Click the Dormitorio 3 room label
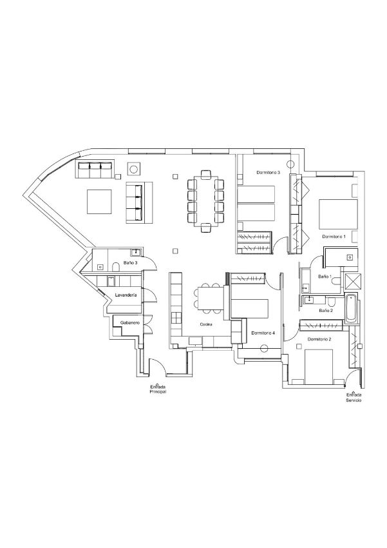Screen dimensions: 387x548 [x=269, y=172]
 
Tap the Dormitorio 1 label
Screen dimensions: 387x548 [x=334, y=237]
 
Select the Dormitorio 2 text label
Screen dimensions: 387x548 [x=319, y=339]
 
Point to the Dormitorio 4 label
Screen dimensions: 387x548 [x=263, y=333]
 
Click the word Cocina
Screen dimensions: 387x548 [x=206, y=324]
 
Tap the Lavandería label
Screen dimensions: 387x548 [x=126, y=295]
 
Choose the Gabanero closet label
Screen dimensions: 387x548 [x=130, y=322]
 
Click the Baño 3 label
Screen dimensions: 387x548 [x=130, y=262]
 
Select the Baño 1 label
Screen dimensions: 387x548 [x=325, y=277]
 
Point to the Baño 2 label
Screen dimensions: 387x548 [x=326, y=310]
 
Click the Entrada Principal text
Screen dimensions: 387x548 [x=158, y=389]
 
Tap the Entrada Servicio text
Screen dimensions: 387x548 [x=354, y=397]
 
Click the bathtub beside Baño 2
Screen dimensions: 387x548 [x=352, y=309]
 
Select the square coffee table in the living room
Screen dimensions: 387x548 [x=99, y=202]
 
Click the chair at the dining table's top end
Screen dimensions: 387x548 [x=206, y=174]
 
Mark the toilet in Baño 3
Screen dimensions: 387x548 [x=117, y=268]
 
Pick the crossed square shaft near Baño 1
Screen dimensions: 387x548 [x=353, y=281]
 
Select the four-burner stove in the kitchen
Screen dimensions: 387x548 [x=176, y=318]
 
